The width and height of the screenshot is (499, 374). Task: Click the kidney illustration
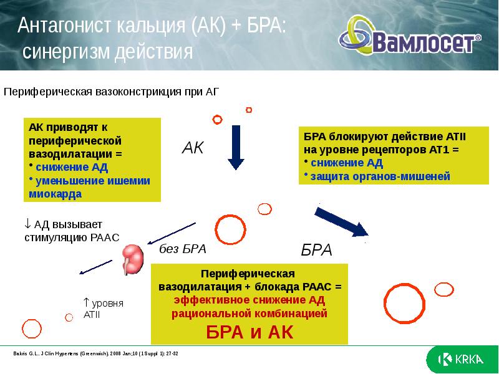click(132, 258)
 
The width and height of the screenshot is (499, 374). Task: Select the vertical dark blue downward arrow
click(236, 147)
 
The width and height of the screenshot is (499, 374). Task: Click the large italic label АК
click(193, 148)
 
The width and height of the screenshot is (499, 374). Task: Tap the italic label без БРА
click(182, 249)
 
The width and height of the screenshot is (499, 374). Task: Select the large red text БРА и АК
click(249, 332)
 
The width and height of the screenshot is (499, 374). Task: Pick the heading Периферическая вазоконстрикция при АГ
click(112, 92)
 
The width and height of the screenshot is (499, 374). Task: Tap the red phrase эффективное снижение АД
click(249, 302)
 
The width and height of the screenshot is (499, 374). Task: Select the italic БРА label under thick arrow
click(316, 251)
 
